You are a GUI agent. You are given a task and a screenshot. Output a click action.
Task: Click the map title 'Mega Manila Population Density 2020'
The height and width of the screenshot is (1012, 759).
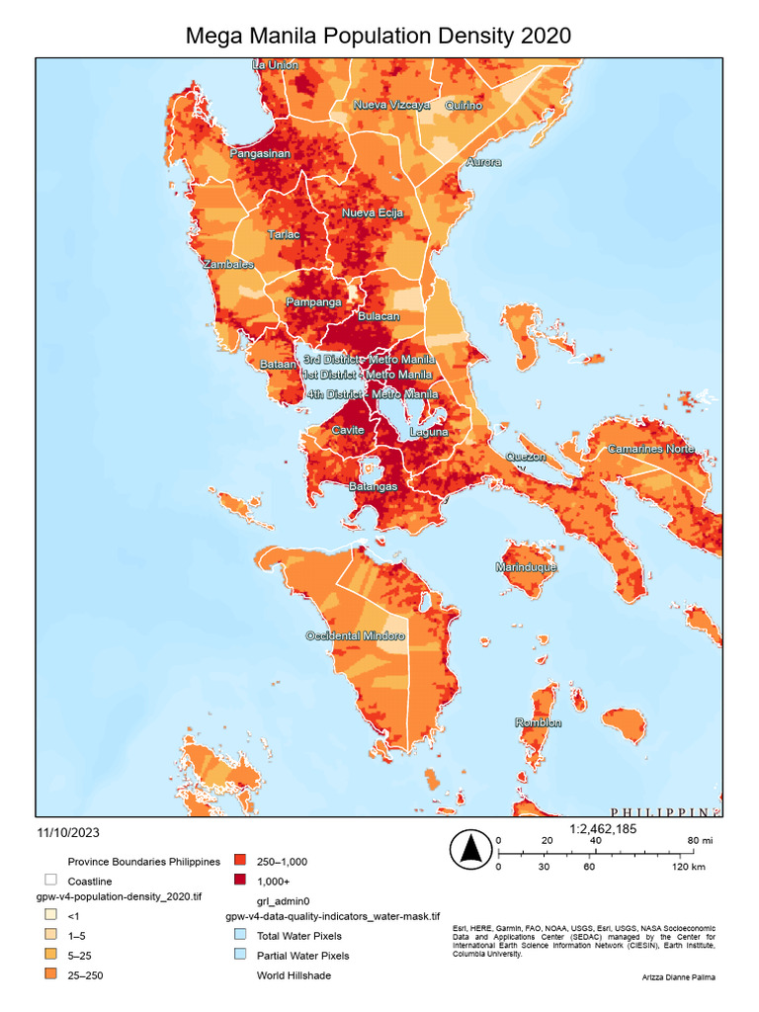tap(379, 37)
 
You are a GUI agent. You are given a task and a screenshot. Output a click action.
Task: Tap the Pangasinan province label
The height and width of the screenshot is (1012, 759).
tap(260, 154)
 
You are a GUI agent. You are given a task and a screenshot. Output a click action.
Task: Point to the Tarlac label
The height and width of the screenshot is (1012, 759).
tap(284, 235)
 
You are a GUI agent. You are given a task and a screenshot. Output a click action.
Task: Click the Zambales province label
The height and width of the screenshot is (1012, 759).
tap(227, 265)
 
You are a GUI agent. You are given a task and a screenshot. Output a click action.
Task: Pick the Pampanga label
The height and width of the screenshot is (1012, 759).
tap(313, 301)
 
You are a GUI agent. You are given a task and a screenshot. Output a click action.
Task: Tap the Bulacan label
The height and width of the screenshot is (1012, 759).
tap(378, 316)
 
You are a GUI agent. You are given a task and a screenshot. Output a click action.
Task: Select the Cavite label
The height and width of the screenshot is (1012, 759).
tap(348, 430)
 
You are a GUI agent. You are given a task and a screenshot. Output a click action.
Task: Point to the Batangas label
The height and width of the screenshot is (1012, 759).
tap(374, 487)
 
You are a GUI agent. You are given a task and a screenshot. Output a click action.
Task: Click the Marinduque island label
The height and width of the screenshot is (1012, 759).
tap(526, 568)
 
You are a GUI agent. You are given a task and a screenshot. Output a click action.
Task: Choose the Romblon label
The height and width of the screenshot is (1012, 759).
tap(539, 723)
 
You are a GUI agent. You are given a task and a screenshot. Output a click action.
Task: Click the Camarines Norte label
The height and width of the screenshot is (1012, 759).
tap(650, 449)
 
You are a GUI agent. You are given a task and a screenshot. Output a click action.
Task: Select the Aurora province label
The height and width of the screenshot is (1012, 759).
tap(483, 161)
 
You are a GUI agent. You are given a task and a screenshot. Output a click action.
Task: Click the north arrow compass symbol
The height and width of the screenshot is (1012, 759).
tap(471, 849)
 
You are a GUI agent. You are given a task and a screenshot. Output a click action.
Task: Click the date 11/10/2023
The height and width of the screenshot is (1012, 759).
tap(68, 832)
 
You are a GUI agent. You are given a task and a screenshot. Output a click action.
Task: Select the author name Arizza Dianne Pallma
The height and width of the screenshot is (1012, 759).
tap(677, 976)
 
